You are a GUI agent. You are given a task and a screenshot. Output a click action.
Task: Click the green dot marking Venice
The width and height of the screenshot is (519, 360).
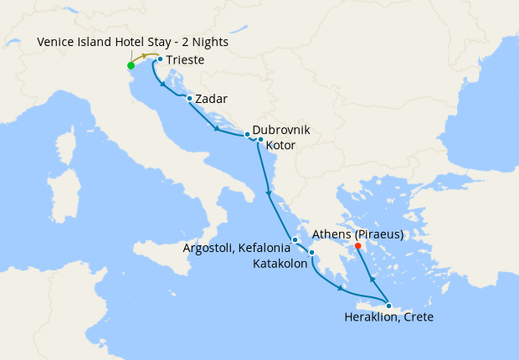[131, 65]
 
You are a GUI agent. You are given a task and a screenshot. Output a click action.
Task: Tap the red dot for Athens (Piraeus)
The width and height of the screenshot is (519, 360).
[358, 246]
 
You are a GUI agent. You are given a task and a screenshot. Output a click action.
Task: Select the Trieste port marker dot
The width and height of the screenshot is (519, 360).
[160, 59]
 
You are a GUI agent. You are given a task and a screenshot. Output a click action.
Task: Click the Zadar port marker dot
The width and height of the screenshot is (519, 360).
[189, 99]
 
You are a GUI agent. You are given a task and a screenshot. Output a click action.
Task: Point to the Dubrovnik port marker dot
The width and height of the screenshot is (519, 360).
[247, 134]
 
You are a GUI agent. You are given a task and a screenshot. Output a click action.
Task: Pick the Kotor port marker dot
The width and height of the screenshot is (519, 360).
[261, 140]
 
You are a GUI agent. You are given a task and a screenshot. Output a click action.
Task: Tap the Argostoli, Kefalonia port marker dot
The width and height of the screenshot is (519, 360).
[295, 240]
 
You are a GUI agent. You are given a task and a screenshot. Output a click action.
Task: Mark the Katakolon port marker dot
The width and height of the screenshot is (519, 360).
[311, 253]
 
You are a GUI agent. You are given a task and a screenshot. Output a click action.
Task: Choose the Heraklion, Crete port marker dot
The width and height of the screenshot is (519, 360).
[388, 306]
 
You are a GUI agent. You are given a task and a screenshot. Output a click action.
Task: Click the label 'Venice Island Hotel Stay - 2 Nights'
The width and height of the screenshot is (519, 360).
[132, 42]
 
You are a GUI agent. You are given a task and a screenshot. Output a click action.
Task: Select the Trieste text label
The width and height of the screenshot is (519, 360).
[185, 60]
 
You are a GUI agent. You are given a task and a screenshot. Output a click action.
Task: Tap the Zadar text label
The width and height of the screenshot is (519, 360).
[211, 100]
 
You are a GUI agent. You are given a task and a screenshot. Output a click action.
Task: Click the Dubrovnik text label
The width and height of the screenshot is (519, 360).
[281, 131]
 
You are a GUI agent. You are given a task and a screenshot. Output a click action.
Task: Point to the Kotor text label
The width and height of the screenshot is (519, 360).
[280, 146]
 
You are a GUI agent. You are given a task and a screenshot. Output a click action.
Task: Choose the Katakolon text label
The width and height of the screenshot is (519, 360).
[279, 263]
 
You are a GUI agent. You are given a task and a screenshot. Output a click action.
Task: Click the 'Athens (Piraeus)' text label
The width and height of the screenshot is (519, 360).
[357, 234]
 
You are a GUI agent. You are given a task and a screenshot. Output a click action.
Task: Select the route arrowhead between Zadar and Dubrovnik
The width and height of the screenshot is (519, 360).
[217, 130]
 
